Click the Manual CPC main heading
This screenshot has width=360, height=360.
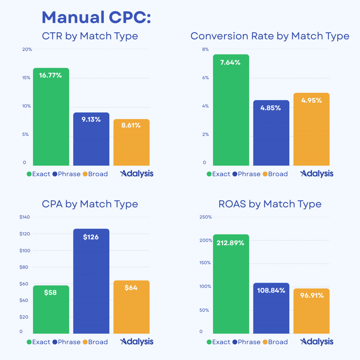(96, 17)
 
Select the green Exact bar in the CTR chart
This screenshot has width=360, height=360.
(51, 120)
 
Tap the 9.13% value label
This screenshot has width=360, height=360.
(91, 120)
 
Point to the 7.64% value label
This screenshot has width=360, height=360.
(231, 63)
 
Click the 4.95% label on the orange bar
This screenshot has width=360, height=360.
(311, 100)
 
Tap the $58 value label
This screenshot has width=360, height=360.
(51, 292)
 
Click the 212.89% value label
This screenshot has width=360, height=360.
(231, 243)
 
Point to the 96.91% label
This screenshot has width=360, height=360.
(311, 295)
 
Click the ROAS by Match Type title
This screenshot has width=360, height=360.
(270, 204)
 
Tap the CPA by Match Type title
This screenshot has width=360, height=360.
(90, 204)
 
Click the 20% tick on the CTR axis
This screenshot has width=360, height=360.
(27, 49)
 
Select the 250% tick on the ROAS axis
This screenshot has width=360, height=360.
(206, 217)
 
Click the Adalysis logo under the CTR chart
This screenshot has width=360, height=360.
(137, 174)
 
